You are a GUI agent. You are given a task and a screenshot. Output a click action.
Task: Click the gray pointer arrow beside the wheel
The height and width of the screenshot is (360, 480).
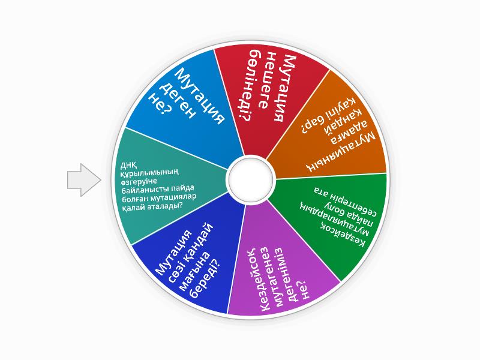coord(83,180)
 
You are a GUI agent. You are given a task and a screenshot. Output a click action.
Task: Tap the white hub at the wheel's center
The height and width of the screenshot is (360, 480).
coord(251,179)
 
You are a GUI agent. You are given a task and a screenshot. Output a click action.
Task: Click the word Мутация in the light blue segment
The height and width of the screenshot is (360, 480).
coord(200,96)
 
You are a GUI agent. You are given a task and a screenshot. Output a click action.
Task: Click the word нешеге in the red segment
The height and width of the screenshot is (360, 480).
coord(266,80)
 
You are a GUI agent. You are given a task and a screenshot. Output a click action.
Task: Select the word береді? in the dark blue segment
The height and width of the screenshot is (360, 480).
coord(205,278)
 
